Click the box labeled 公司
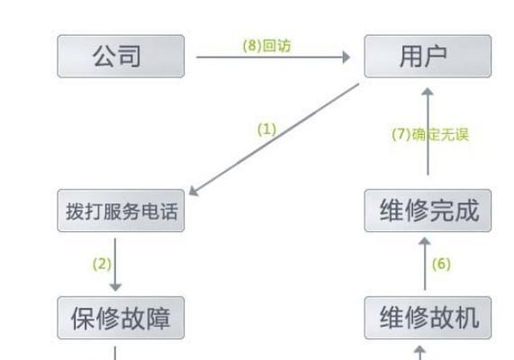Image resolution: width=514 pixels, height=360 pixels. pos(121,57)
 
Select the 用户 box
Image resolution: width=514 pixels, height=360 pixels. pos(428,57)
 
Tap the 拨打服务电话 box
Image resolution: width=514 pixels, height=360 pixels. pos(121,211)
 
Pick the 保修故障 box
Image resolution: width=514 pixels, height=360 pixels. pos(121,318)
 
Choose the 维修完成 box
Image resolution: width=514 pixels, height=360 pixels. pos(428,211)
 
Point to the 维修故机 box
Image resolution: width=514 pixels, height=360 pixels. pos(428,318)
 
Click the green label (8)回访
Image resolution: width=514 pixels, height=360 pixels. pos(266,46)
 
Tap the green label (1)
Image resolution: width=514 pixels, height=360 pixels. pos(266,130)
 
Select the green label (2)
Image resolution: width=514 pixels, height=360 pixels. pos(102,264)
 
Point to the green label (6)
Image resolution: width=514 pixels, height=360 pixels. pos(441,264)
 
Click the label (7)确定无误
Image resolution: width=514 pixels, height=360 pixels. pos(430,134)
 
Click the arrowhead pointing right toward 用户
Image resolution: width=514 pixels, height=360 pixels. pos(347,57)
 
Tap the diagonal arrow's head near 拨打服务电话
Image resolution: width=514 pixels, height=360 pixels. pos(194,192)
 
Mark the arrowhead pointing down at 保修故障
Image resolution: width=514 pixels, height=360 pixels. pos(115,287)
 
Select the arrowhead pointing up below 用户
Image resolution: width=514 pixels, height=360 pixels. pos(428,92)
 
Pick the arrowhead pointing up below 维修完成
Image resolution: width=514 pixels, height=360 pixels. pos(425,241)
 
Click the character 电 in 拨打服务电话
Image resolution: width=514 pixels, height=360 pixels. pos(150,211)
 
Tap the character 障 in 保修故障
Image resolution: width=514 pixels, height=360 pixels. pos(158,319)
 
